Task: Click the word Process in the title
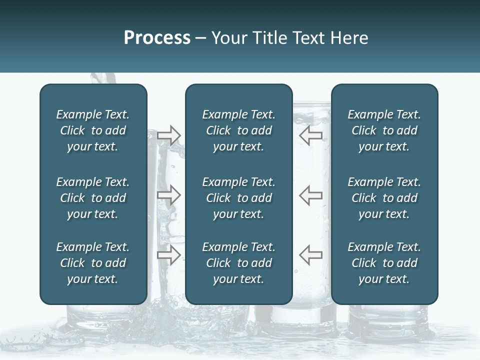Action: click(x=157, y=38)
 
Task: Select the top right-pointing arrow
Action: click(x=169, y=135)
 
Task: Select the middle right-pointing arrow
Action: click(x=169, y=195)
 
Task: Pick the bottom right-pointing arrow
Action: click(x=169, y=254)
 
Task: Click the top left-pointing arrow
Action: click(x=310, y=135)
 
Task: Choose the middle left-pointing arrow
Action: click(x=310, y=195)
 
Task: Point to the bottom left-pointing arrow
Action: click(x=310, y=254)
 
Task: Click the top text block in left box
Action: click(x=93, y=130)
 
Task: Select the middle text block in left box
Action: click(x=93, y=198)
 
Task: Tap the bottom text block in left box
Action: click(x=93, y=263)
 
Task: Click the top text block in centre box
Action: click(x=238, y=130)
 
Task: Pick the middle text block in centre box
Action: click(x=238, y=198)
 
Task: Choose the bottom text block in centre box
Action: click(x=238, y=263)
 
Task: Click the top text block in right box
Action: click(x=384, y=130)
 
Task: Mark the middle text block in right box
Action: click(x=384, y=198)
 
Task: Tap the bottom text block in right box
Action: click(x=384, y=263)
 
